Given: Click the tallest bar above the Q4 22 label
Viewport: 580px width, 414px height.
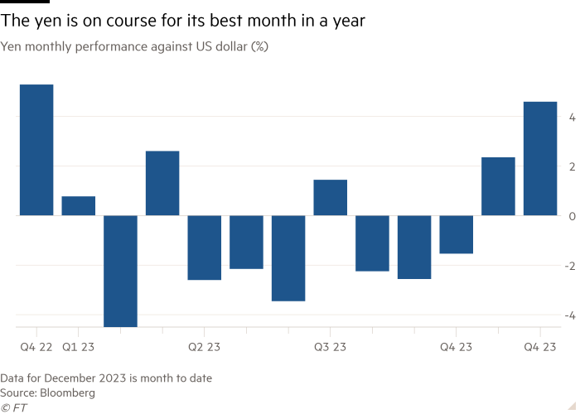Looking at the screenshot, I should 36,150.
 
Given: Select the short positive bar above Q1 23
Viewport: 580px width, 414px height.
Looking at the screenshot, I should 79,206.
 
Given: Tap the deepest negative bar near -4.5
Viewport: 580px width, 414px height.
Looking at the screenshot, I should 121,271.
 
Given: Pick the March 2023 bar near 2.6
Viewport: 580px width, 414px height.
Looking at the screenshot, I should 162,183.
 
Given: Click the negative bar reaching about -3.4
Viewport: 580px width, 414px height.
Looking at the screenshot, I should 288,258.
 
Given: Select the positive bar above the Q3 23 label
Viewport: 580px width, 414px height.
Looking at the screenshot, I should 331,197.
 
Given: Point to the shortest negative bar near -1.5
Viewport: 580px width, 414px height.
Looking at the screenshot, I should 457,234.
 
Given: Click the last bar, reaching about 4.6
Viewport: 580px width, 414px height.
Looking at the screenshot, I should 540,158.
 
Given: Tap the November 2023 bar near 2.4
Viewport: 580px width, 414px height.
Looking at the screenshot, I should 498,185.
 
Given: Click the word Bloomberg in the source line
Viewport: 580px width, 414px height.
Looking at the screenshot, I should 68,392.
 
